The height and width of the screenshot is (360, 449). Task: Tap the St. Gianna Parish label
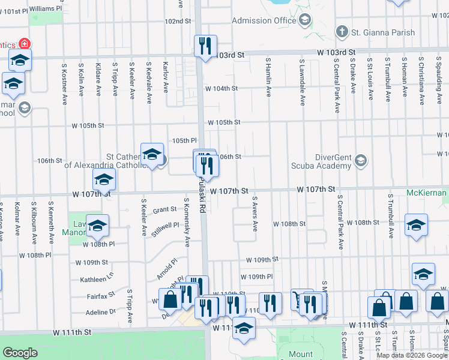click(383, 32)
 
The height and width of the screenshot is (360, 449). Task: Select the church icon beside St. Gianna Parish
click(342, 31)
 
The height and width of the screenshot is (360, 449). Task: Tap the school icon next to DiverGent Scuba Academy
click(361, 160)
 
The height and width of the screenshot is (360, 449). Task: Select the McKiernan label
click(426, 193)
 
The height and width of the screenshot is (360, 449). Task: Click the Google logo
click(20, 353)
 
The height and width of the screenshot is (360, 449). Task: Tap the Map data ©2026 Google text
click(411, 355)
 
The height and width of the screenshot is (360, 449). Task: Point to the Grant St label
click(164, 210)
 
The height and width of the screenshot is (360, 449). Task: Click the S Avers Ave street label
click(255, 214)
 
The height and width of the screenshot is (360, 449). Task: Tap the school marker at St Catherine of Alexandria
click(152, 154)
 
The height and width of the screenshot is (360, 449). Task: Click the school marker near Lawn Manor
click(98, 226)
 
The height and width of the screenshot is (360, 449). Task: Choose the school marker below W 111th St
click(244, 328)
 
